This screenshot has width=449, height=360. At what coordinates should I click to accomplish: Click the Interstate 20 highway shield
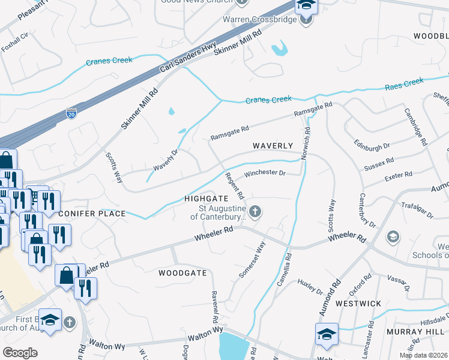[71, 113]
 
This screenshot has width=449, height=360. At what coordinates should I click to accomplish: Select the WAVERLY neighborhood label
[273, 146]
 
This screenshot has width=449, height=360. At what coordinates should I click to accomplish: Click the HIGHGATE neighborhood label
[206, 198]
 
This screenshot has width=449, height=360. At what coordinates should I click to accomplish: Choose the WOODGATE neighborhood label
[182, 272]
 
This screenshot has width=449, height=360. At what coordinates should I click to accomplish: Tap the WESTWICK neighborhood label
[358, 304]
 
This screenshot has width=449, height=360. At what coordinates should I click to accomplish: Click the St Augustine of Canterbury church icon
[255, 211]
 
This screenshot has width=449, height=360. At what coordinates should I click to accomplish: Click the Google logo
[20, 353]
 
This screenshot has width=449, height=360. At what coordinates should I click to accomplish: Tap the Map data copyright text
[423, 355]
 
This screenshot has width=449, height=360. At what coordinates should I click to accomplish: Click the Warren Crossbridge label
[261, 19]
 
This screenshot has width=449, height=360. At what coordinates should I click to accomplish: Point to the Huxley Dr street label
[310, 287]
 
